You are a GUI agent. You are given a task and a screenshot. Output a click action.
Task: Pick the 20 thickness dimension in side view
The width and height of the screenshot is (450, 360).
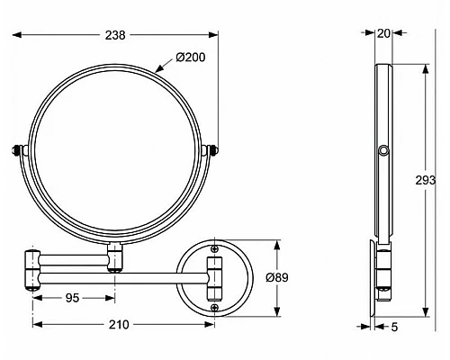(383, 34)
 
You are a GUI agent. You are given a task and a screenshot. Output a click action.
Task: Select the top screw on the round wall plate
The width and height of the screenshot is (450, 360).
(214, 247)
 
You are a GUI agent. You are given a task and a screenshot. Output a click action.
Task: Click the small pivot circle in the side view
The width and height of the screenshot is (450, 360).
(383, 150)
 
